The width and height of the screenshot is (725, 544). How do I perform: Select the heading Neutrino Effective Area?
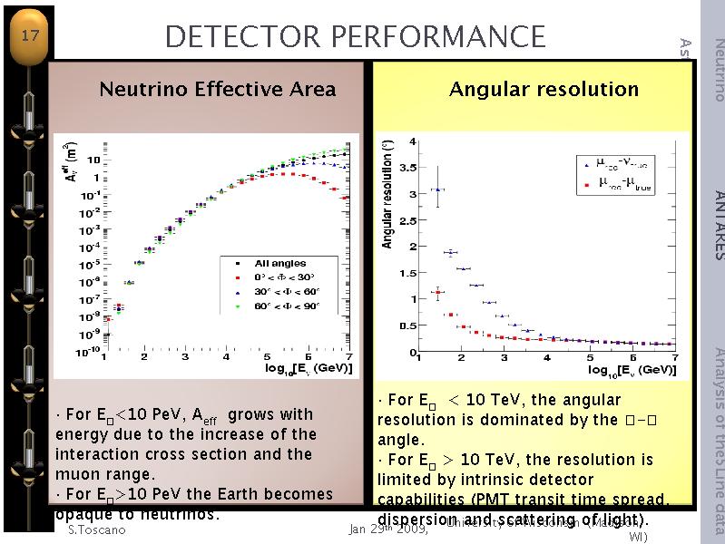(x=217, y=89)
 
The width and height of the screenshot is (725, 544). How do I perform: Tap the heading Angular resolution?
(x=544, y=89)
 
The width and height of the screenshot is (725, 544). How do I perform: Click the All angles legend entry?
(x=279, y=263)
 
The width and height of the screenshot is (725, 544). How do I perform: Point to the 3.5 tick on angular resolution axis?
(x=407, y=167)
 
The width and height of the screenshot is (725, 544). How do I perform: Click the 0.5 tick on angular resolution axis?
(x=407, y=325)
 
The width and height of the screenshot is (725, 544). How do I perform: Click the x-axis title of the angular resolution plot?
(x=632, y=369)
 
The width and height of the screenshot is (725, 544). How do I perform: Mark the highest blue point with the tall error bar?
(x=438, y=189)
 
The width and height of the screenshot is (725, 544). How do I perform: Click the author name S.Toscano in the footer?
(x=96, y=529)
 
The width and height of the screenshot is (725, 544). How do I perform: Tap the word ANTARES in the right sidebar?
(x=718, y=225)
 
